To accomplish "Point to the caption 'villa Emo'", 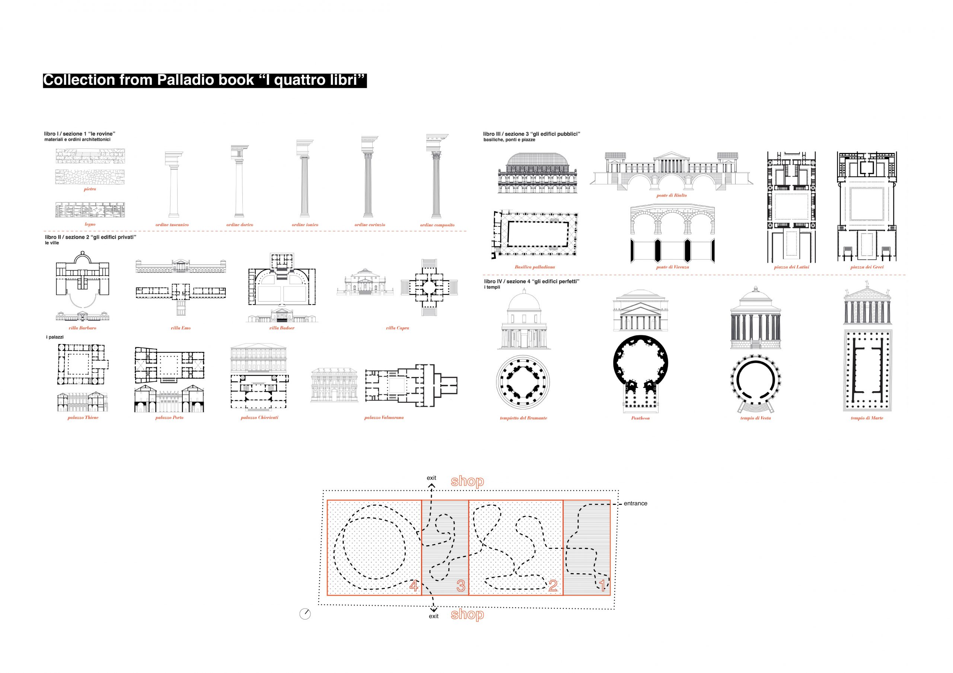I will pyautogui.click(x=181, y=328).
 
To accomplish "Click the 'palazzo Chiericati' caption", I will pyautogui.click(x=259, y=418).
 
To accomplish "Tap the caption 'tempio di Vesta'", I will pyautogui.click(x=755, y=418).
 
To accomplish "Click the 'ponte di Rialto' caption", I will pyautogui.click(x=672, y=195).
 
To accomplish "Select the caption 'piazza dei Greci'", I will pyautogui.click(x=867, y=267).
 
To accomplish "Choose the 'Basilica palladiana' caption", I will pyautogui.click(x=535, y=267).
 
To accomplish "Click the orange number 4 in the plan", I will pyautogui.click(x=414, y=586).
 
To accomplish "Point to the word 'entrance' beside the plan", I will pyautogui.click(x=635, y=503).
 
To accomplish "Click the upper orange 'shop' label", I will pyautogui.click(x=467, y=481).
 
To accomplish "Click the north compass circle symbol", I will pyautogui.click(x=305, y=614).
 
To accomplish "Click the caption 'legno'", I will pyautogui.click(x=90, y=224).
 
